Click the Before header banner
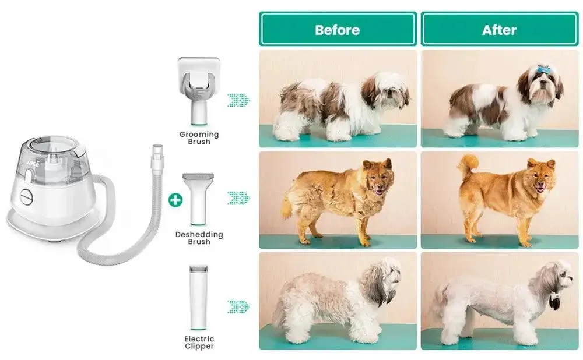click(338, 29)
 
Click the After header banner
click(500, 29)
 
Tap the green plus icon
click(175, 200)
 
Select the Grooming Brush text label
click(199, 138)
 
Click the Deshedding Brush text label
click(199, 238)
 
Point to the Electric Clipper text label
click(199, 343)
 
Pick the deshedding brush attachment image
click(198, 199)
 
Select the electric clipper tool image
click(199, 298)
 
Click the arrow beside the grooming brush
click(238, 100)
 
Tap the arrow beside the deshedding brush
click(238, 199)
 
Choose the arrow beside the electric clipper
click(238, 307)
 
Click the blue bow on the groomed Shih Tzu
click(542, 69)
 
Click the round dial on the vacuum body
click(26, 197)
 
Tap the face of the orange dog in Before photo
click(377, 179)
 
